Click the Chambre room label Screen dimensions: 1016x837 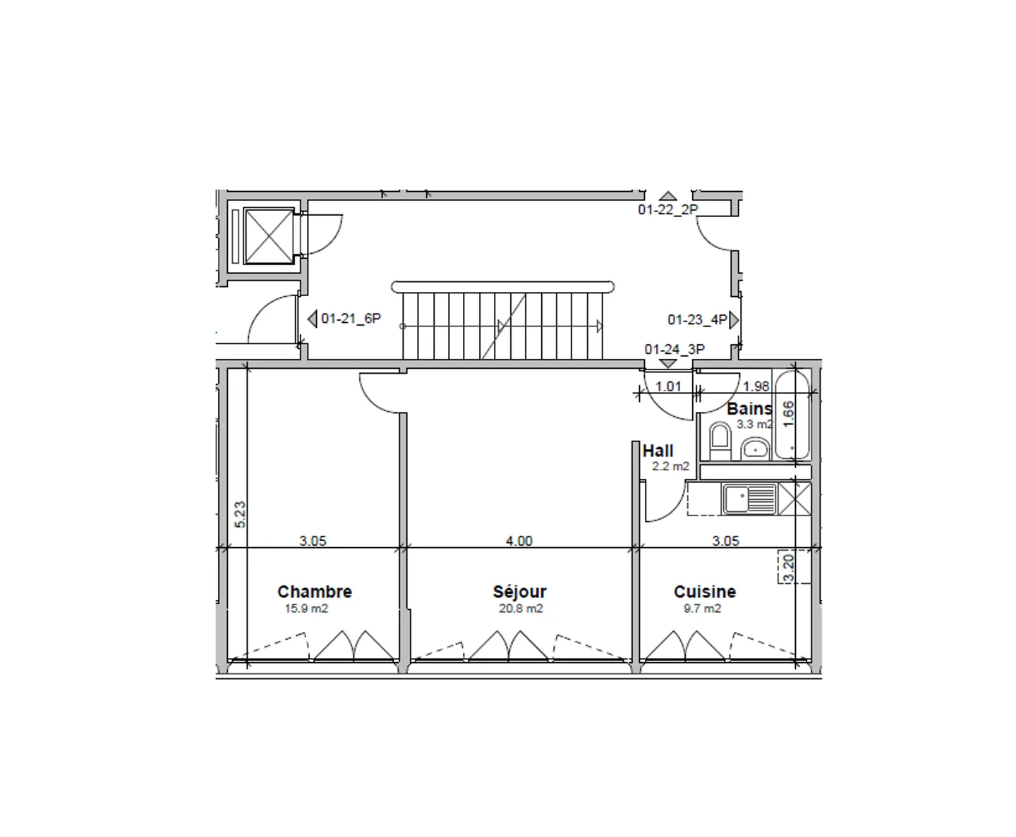[x=315, y=592]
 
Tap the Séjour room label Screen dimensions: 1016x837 [x=520, y=592]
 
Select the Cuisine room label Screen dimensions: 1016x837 [x=705, y=592]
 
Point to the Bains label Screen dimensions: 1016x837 [x=749, y=408]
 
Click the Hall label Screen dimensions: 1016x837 [x=658, y=451]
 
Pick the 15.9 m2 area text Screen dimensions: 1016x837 [x=306, y=609]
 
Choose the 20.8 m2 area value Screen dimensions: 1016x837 [x=521, y=609]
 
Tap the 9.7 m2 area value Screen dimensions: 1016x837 [x=702, y=609]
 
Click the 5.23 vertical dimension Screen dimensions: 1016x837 [x=241, y=515]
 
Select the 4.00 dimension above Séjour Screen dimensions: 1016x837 [x=519, y=541]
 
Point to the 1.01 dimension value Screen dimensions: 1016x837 [x=668, y=386]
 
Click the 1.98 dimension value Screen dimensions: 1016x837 [x=756, y=386]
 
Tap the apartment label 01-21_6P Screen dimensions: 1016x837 [x=351, y=319]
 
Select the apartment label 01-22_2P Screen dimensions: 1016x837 [x=668, y=209]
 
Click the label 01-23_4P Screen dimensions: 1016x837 [x=697, y=320]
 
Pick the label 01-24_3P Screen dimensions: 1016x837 [x=675, y=349]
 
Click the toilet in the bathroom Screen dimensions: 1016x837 [x=720, y=441]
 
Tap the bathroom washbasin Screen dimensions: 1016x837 [x=755, y=448]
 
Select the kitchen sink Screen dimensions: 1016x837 [x=749, y=499]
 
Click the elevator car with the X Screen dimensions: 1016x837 [x=269, y=236]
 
